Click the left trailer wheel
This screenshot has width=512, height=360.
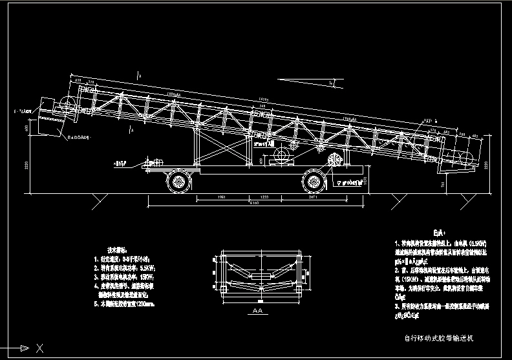click(179, 181)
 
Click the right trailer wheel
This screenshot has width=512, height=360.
click(313, 180)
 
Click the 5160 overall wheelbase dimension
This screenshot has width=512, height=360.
click(257, 204)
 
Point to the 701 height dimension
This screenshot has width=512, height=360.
click(443, 184)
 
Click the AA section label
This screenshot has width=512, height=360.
click(257, 311)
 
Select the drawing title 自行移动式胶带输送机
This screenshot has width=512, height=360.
click(439, 337)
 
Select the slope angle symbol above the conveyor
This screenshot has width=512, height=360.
click(330, 82)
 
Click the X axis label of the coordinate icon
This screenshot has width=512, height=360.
click(40, 349)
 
